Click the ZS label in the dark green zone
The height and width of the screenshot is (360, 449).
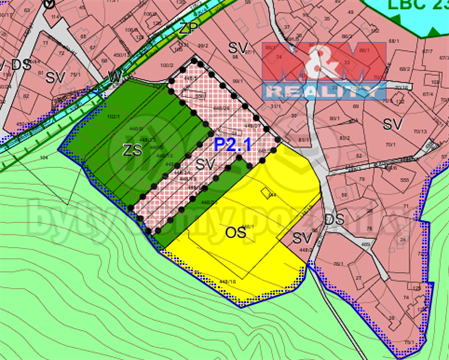tap(130, 150)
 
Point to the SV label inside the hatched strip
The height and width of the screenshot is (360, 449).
tap(206, 163)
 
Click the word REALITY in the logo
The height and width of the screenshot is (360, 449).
tap(323, 90)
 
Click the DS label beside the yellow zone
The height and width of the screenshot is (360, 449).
tap(335, 218)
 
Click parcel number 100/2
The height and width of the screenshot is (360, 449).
tap(166, 65)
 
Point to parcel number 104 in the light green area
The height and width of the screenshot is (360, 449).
tap(44, 157)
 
